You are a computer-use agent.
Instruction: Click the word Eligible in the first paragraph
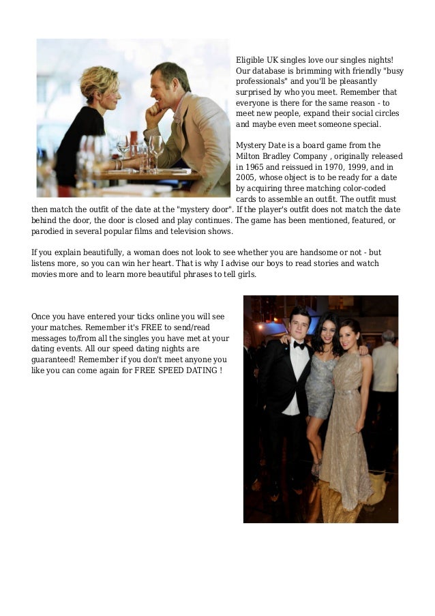point(249,59)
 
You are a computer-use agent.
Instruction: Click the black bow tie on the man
point(299,345)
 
